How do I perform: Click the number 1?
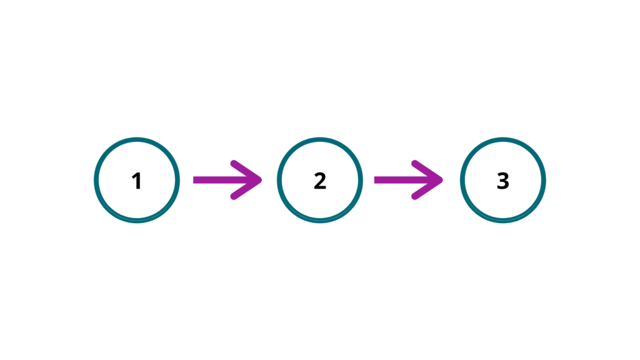pyautogui.click(x=137, y=181)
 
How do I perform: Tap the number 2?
pyautogui.click(x=320, y=181)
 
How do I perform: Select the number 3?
pyautogui.click(x=503, y=181)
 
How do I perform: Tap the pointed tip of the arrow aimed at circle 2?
pyautogui.click(x=262, y=180)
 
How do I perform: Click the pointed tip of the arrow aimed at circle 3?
pyautogui.click(x=443, y=180)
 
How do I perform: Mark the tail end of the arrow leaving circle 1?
pyautogui.click(x=194, y=180)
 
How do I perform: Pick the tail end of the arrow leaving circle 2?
pyautogui.click(x=375, y=180)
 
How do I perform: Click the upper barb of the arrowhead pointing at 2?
pyautogui.click(x=246, y=171)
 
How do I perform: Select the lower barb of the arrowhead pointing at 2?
pyautogui.click(x=246, y=189)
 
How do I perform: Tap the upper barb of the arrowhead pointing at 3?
pyautogui.click(x=427, y=171)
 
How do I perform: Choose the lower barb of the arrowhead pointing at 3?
pyautogui.click(x=427, y=189)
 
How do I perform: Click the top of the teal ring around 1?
pyautogui.click(x=137, y=139)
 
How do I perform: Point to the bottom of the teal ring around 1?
pyautogui.click(x=137, y=221)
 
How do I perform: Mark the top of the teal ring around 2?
pyautogui.click(x=320, y=139)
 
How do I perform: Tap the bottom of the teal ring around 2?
pyautogui.click(x=320, y=221)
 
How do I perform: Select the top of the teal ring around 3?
pyautogui.click(x=503, y=139)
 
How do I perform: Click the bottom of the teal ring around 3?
pyautogui.click(x=503, y=221)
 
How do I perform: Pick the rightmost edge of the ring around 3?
pyautogui.click(x=544, y=181)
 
